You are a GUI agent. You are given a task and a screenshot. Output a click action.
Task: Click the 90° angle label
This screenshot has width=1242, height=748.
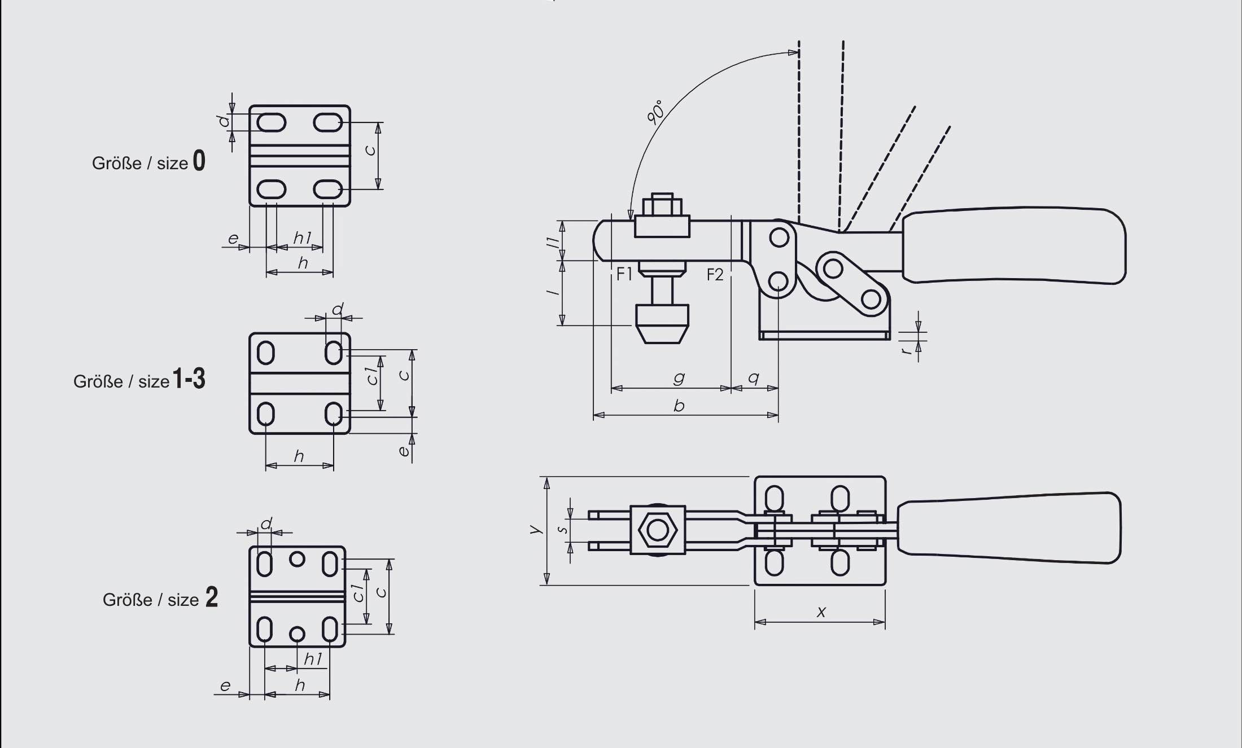[655, 112]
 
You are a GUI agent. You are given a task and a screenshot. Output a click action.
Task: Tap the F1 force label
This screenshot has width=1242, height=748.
[624, 275]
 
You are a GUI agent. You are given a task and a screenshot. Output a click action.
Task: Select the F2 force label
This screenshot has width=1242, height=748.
[715, 275]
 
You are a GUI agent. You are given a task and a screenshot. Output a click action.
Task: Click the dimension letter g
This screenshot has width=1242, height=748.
[679, 377]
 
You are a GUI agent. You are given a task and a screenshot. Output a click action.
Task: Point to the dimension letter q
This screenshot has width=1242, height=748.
[753, 377]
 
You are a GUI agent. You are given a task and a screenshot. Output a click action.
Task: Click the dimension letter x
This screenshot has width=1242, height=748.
[821, 612]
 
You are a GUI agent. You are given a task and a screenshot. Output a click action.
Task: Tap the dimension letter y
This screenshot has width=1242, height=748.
[535, 529]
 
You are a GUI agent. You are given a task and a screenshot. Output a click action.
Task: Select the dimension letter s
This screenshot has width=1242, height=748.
[562, 530]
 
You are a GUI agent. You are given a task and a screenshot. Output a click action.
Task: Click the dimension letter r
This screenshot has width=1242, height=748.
[906, 351]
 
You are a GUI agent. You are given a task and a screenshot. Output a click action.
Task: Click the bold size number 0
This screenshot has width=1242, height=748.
[199, 161]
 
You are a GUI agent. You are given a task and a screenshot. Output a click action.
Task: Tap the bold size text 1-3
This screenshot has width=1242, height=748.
[189, 379]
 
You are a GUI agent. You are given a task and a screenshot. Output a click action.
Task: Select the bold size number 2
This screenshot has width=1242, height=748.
[212, 597]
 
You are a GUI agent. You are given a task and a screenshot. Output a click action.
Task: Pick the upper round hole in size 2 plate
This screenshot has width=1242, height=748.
[297, 559]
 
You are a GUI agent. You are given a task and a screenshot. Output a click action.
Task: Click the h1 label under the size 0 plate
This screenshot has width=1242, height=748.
[302, 237]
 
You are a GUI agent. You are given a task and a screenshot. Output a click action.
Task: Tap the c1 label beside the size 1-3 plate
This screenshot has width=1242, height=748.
[372, 376]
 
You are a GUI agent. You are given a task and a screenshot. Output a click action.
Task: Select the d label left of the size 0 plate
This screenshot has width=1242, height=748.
[224, 121]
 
